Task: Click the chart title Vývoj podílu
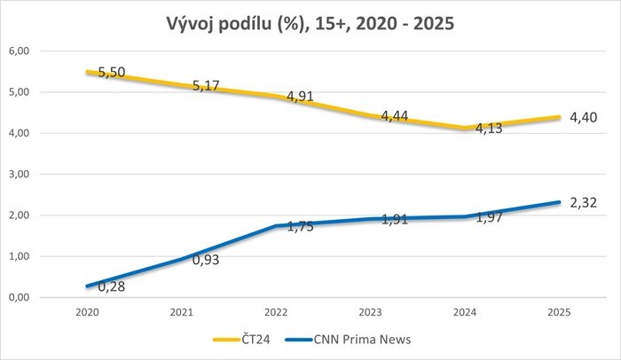310,23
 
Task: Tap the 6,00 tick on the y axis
19,51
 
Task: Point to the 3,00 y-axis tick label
19,175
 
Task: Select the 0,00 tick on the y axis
19,298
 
